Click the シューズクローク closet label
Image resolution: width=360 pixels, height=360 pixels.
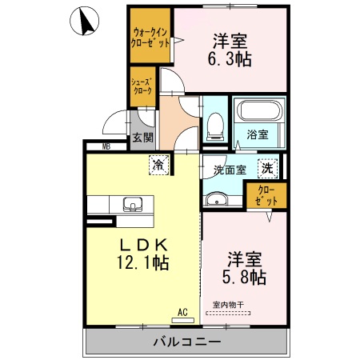tap(144, 86)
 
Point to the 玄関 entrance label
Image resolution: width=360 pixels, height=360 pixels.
tap(142, 138)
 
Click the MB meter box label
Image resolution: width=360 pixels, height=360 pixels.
tap(106, 146)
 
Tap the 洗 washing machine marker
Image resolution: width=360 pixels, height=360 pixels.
tap(267, 168)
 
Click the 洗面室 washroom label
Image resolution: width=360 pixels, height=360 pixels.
tap(230, 170)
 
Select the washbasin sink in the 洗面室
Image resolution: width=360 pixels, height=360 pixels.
tap(216, 198)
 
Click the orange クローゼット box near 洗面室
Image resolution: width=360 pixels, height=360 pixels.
tap(265, 196)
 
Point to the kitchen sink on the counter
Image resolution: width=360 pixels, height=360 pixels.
tap(133, 204)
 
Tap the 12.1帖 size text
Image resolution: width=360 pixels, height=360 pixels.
tap(142, 262)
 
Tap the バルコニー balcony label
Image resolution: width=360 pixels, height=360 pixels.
tap(184, 342)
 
